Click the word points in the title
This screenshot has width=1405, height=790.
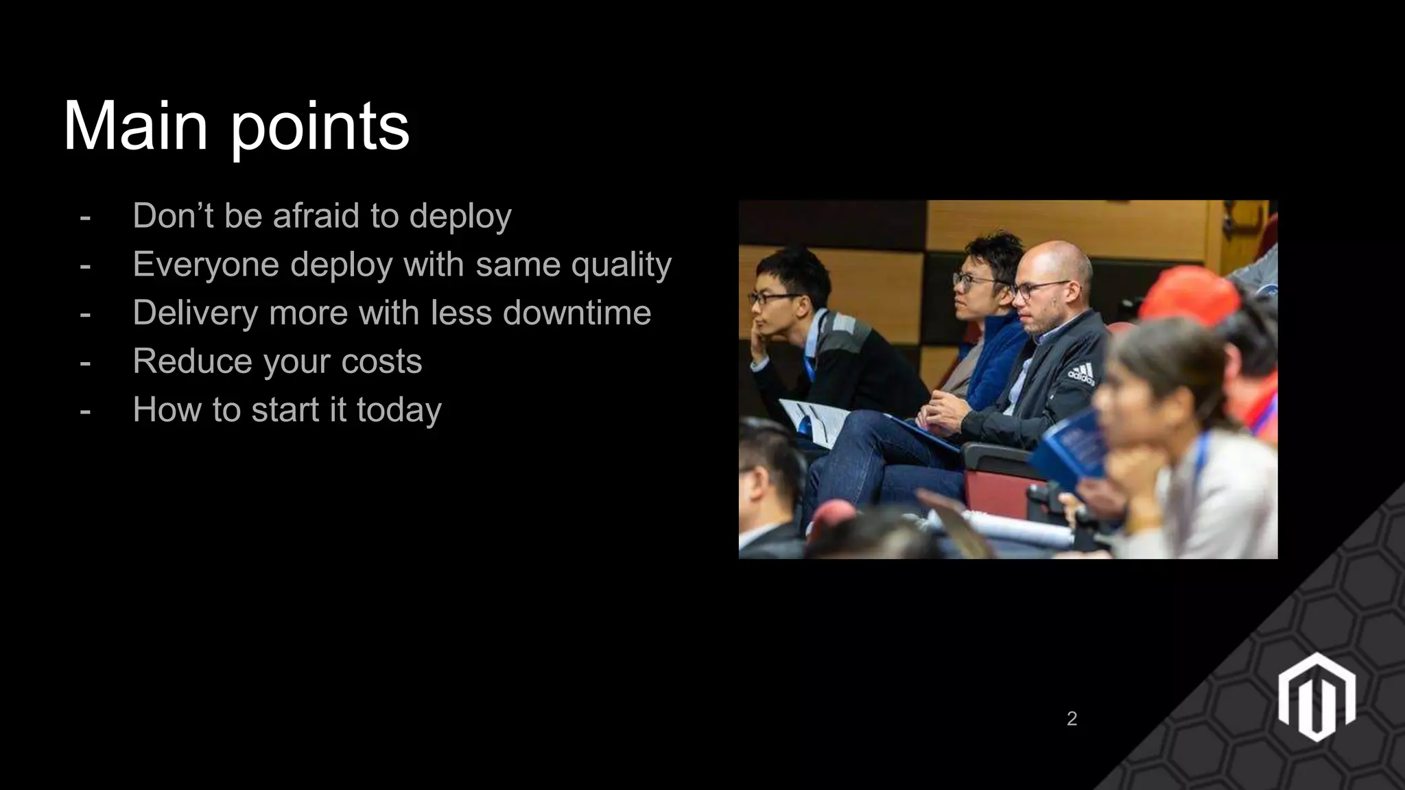tap(320, 128)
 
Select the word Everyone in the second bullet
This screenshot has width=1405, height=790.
tap(206, 265)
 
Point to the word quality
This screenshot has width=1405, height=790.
tap(621, 265)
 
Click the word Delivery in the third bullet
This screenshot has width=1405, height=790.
tap(196, 313)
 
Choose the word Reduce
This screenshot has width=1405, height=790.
tap(193, 361)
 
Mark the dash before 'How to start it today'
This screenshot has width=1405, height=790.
tap(85, 411)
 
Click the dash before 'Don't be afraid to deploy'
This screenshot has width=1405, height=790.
tap(85, 217)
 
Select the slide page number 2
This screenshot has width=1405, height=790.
tap(1072, 719)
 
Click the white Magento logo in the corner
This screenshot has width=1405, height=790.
tap(1316, 697)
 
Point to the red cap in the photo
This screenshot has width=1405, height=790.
tap(1190, 295)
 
